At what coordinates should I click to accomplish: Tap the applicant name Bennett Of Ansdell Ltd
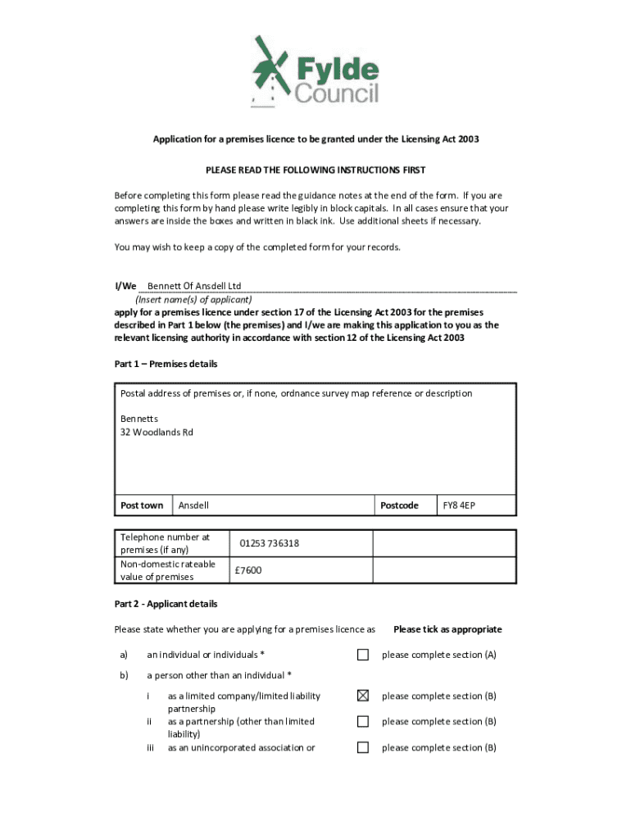click(194, 286)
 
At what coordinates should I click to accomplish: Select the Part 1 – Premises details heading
click(166, 364)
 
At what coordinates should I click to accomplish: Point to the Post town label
click(142, 506)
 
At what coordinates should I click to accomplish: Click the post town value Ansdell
click(193, 506)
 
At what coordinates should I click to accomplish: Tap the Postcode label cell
click(399, 506)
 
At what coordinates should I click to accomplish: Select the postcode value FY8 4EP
click(459, 506)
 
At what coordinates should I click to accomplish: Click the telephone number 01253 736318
click(269, 543)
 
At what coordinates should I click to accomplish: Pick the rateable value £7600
click(247, 569)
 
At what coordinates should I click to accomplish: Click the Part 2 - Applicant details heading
click(166, 604)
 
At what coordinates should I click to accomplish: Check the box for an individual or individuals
click(363, 655)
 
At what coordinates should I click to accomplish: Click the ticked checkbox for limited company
click(363, 696)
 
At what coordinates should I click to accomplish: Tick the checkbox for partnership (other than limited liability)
click(363, 722)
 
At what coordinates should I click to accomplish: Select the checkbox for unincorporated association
click(363, 747)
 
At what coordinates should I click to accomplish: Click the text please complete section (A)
click(438, 655)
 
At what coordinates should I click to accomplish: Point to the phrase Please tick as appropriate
click(447, 629)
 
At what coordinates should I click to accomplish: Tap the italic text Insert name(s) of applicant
click(193, 299)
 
